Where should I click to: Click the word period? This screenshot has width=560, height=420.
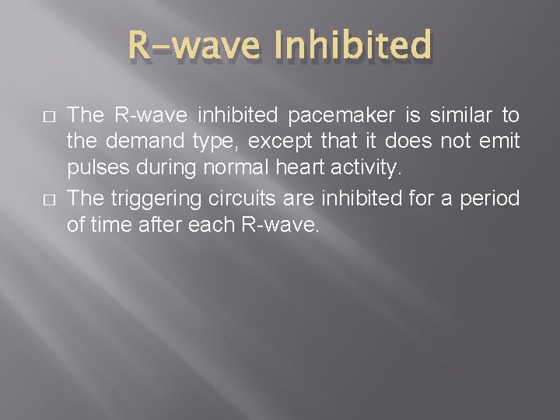coord(490,199)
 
